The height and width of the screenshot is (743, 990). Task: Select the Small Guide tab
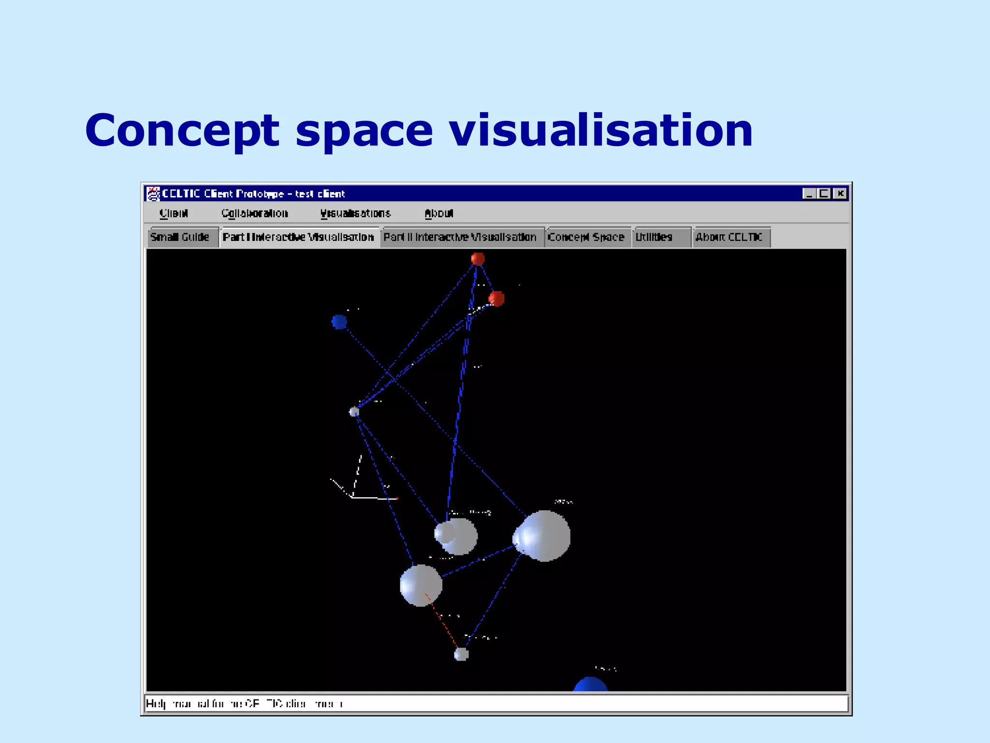(x=180, y=237)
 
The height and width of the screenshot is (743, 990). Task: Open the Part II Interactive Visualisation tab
(x=460, y=237)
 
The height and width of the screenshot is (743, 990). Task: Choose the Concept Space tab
(x=586, y=237)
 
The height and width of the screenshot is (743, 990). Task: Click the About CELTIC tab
(x=728, y=237)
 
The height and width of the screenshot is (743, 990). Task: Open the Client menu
(x=174, y=213)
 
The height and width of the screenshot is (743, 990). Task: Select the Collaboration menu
(x=255, y=213)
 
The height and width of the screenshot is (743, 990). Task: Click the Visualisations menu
(x=355, y=213)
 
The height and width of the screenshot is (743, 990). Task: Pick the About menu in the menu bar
(x=439, y=213)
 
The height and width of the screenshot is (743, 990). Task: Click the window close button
(x=841, y=193)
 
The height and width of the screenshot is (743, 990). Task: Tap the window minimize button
(x=809, y=193)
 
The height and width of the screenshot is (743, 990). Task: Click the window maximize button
(x=824, y=193)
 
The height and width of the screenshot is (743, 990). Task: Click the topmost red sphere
(x=478, y=259)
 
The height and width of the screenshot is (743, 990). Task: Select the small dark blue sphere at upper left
(x=339, y=322)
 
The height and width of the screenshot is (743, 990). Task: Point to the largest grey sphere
(x=544, y=536)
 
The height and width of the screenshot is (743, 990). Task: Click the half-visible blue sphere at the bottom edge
(x=590, y=685)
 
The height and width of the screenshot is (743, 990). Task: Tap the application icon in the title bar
(x=153, y=193)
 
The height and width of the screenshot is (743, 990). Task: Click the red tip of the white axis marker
(x=397, y=498)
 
